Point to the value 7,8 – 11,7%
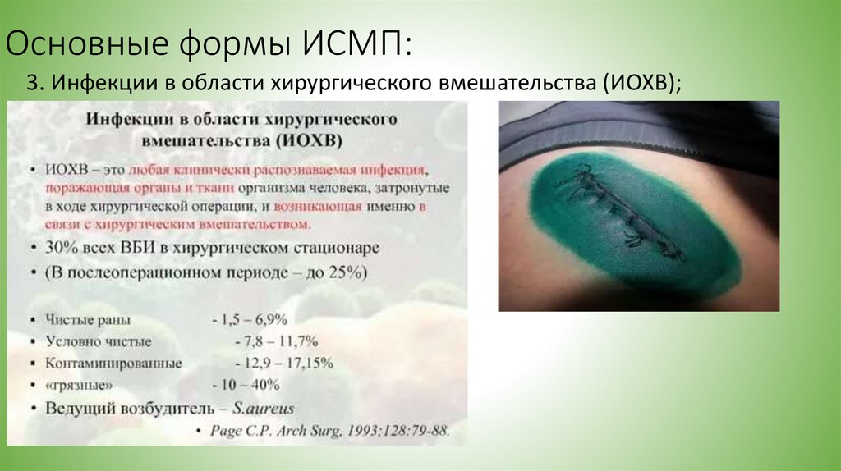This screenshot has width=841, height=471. (269, 341)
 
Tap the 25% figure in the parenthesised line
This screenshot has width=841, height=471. (346, 272)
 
